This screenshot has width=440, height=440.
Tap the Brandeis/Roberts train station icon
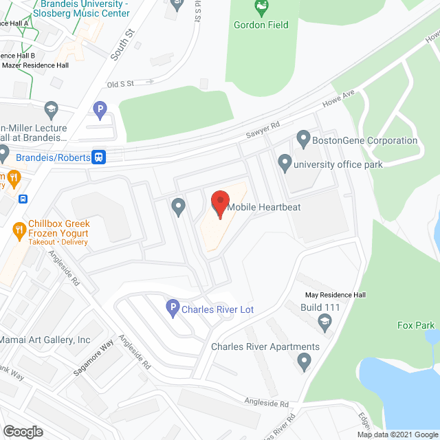[100, 157]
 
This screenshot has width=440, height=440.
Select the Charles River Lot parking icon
[173, 309]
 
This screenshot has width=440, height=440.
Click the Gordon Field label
[262, 25]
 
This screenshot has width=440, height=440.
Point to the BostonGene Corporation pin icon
[303, 140]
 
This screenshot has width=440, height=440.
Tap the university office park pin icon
[285, 164]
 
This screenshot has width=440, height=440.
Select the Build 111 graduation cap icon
[324, 320]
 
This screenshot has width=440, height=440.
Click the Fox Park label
[415, 325]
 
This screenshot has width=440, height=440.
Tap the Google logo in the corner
[22, 432]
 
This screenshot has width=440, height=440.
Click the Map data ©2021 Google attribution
[397, 434]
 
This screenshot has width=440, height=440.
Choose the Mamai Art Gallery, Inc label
[45, 340]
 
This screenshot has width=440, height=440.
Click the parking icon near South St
[100, 109]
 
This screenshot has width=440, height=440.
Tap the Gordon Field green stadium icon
[261, 8]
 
